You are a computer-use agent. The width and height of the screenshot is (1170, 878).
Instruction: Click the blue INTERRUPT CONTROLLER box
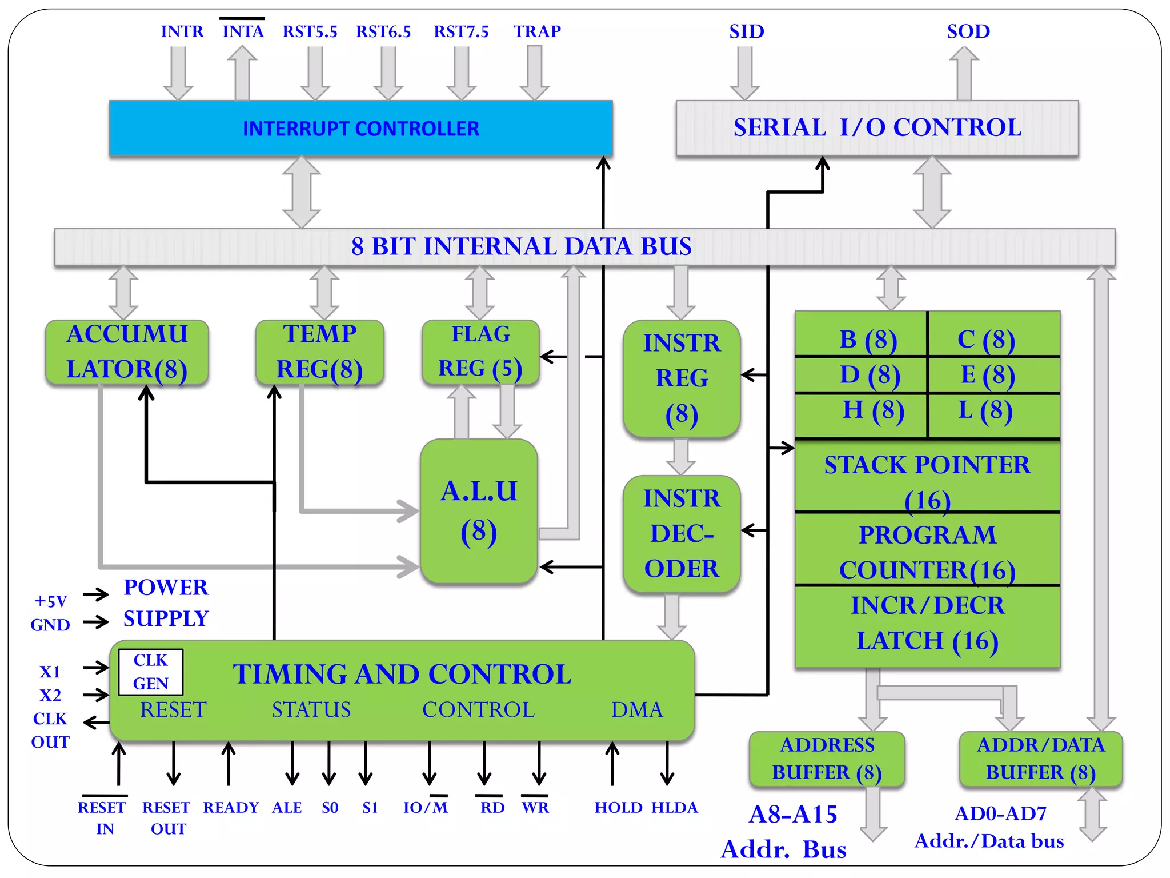click(x=360, y=128)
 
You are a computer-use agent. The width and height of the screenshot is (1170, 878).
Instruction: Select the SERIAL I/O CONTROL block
click(x=877, y=128)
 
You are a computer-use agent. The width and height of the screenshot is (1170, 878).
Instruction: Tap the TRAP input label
click(x=536, y=31)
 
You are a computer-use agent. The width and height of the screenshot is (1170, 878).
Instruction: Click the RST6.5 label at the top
click(x=383, y=31)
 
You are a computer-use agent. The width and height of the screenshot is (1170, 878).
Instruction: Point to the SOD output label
click(x=968, y=31)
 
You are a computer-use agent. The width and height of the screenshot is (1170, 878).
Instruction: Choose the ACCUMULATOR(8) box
click(x=127, y=352)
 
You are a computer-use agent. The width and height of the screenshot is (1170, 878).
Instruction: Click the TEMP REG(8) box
click(x=319, y=352)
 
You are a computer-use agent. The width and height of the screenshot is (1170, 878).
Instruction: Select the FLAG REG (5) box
click(x=480, y=352)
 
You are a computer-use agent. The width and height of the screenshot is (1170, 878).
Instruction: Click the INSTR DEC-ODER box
click(x=682, y=533)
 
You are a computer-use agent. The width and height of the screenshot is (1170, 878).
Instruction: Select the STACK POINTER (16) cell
click(x=927, y=476)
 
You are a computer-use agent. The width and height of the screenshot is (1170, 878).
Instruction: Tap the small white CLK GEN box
click(x=150, y=672)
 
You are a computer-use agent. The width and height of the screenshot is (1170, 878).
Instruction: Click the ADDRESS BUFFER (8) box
click(x=827, y=759)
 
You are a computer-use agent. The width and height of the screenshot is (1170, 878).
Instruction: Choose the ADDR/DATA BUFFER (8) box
click(x=1040, y=759)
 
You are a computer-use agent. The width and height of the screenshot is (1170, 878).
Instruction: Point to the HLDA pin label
click(x=674, y=807)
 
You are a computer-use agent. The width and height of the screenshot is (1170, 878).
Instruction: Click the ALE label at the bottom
click(x=287, y=807)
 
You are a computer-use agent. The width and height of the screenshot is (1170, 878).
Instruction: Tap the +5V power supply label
click(x=51, y=601)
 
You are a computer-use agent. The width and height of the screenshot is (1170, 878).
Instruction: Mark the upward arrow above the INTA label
click(x=242, y=73)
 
